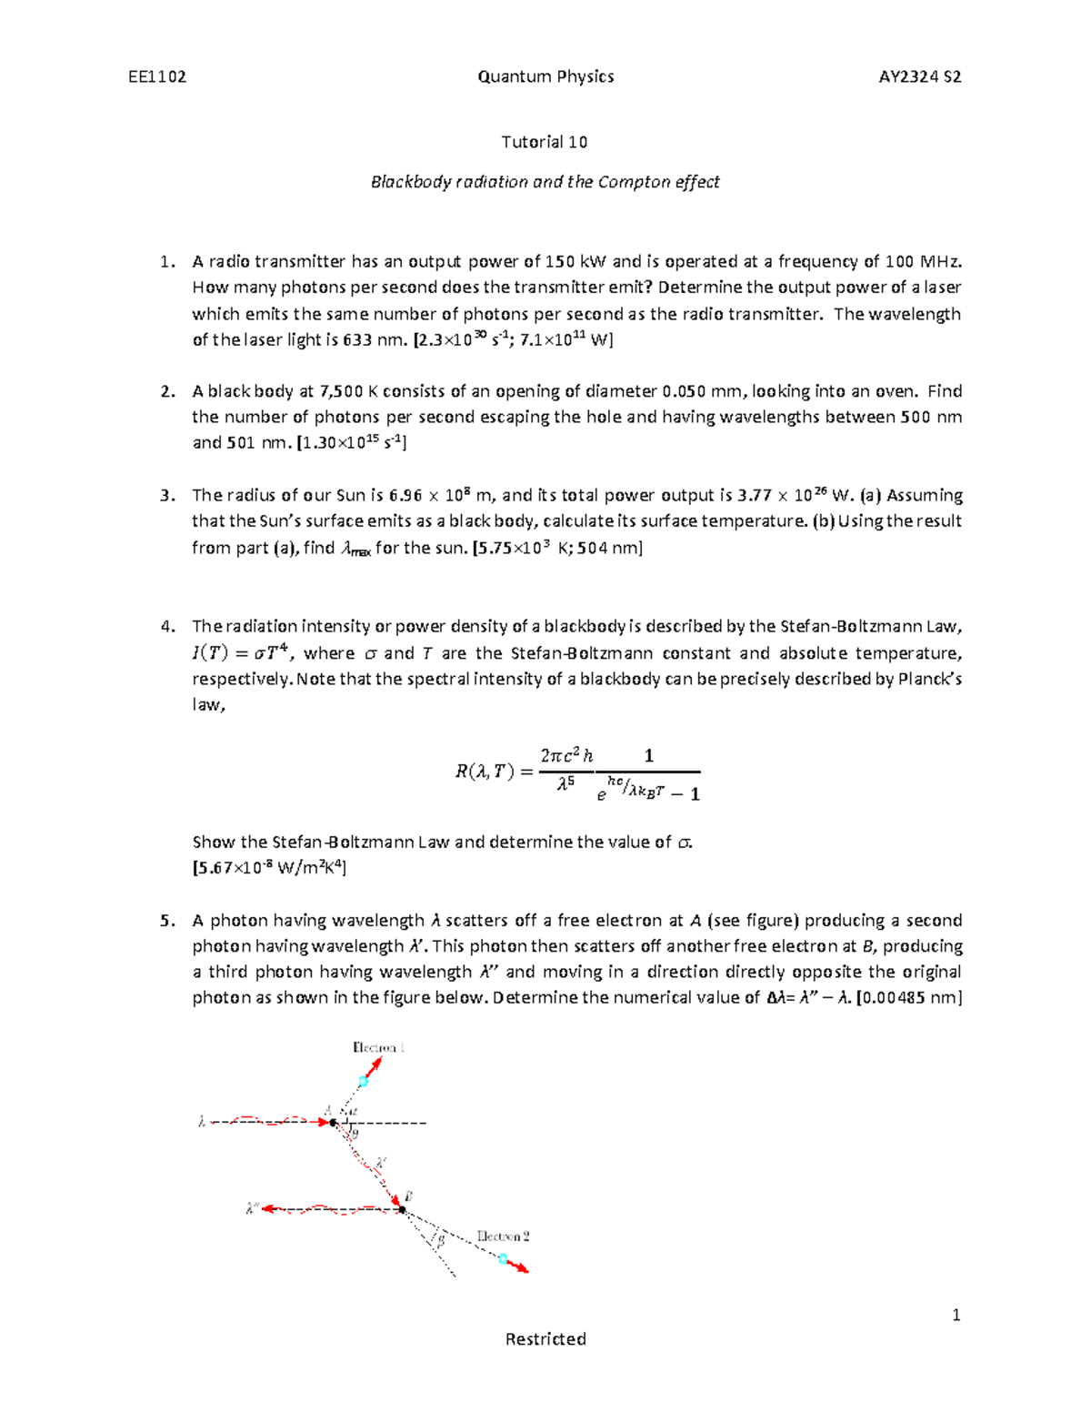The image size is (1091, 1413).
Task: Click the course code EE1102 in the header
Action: click(157, 76)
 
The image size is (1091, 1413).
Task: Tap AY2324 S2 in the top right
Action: click(920, 76)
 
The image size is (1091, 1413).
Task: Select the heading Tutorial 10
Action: click(545, 142)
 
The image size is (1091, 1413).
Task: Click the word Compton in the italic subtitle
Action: click(634, 182)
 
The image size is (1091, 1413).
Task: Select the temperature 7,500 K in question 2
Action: click(342, 391)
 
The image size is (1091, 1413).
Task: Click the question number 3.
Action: click(165, 496)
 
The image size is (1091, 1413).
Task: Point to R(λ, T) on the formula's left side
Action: click(484, 772)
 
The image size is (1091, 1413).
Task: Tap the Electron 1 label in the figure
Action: click(378, 1047)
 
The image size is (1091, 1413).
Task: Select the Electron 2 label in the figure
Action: click(503, 1236)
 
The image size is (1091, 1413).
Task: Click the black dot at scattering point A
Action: click(334, 1124)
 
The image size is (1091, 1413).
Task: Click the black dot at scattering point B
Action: click(401, 1209)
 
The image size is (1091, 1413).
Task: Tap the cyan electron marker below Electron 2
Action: click(503, 1258)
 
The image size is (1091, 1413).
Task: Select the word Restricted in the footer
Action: click(545, 1338)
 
